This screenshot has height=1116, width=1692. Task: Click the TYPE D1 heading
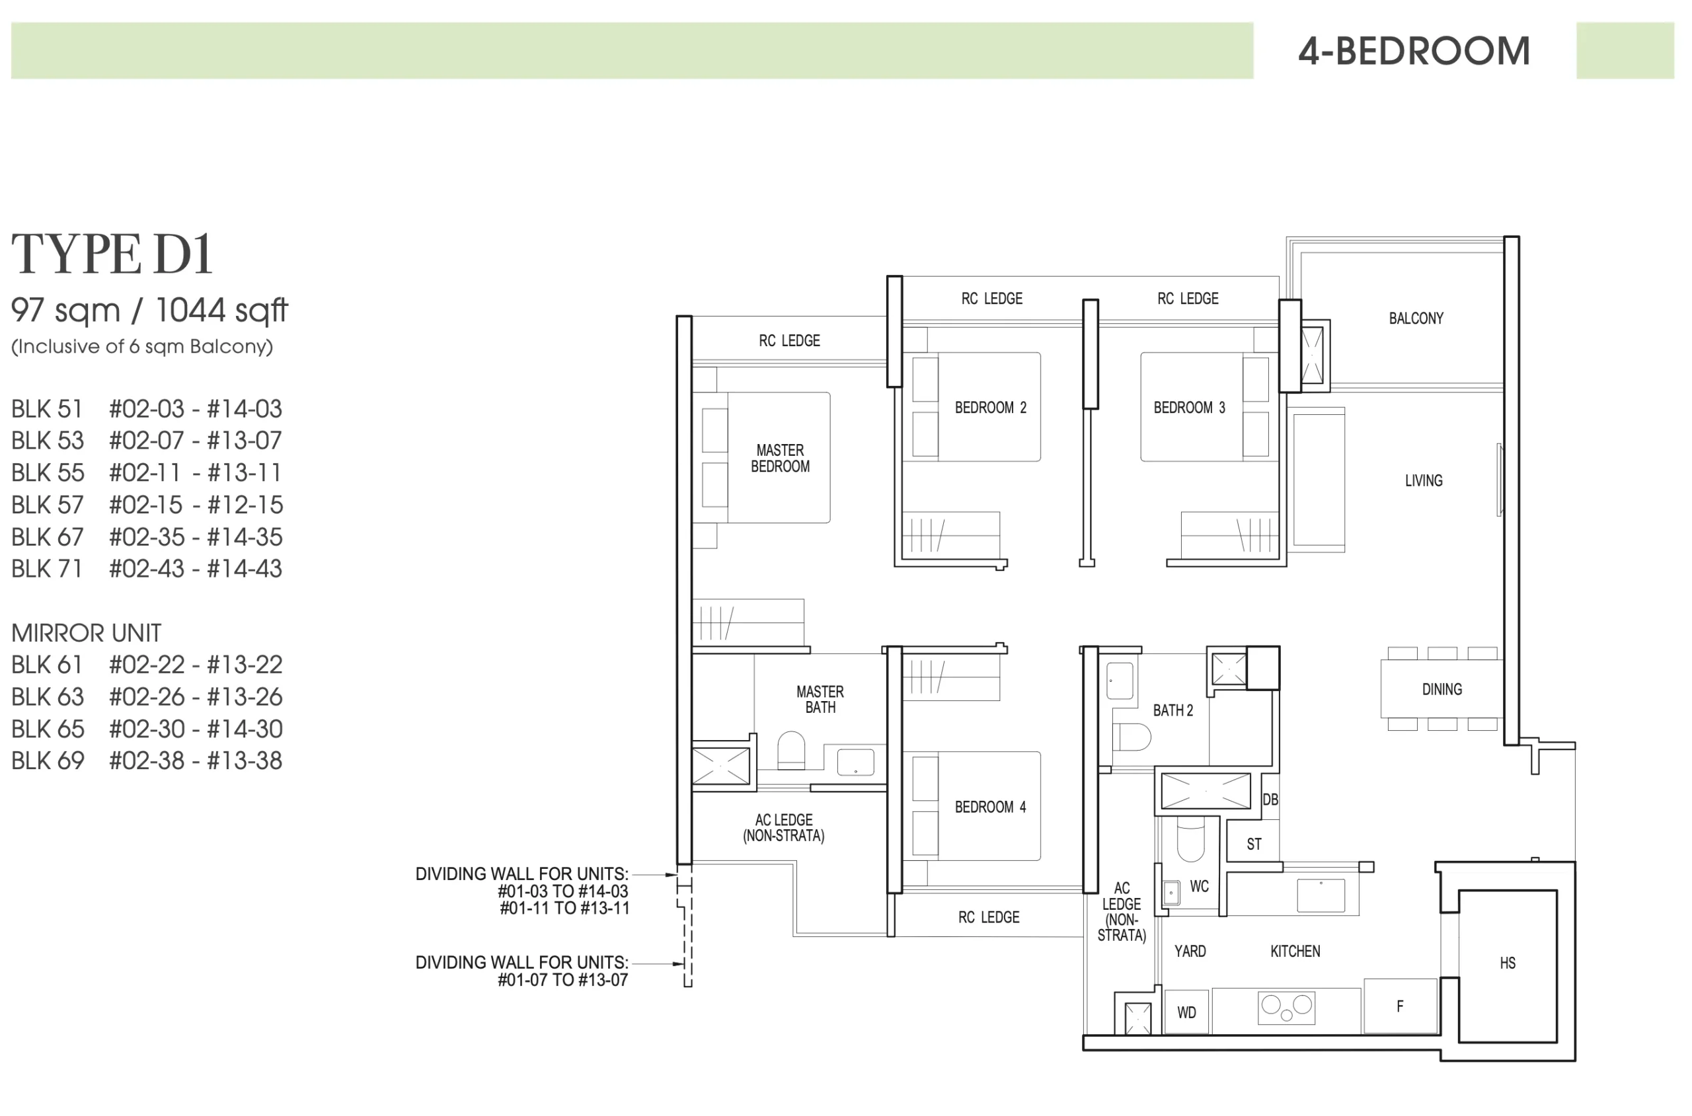(112, 254)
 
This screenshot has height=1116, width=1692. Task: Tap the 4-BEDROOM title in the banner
(1414, 52)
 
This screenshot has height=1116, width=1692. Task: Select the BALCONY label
(1416, 318)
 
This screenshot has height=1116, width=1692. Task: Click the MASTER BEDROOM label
(780, 459)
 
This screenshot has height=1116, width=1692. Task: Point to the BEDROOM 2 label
(990, 408)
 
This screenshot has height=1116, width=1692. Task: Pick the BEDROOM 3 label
(1189, 408)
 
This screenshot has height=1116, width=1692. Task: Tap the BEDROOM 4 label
(990, 807)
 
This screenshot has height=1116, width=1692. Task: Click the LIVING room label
(1424, 480)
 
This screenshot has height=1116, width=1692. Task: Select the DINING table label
(1442, 689)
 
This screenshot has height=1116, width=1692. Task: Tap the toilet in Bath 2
(1131, 737)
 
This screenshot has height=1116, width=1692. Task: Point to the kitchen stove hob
(1286, 1007)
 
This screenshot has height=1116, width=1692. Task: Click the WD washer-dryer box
(1186, 1012)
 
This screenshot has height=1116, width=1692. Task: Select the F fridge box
(1400, 1006)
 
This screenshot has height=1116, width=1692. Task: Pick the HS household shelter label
(1508, 963)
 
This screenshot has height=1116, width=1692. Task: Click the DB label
(1270, 800)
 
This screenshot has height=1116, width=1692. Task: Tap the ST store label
(1254, 844)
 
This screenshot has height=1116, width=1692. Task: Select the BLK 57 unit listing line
(147, 505)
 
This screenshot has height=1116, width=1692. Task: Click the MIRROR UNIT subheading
(86, 633)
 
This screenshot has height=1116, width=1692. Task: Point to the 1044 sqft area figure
(221, 311)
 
